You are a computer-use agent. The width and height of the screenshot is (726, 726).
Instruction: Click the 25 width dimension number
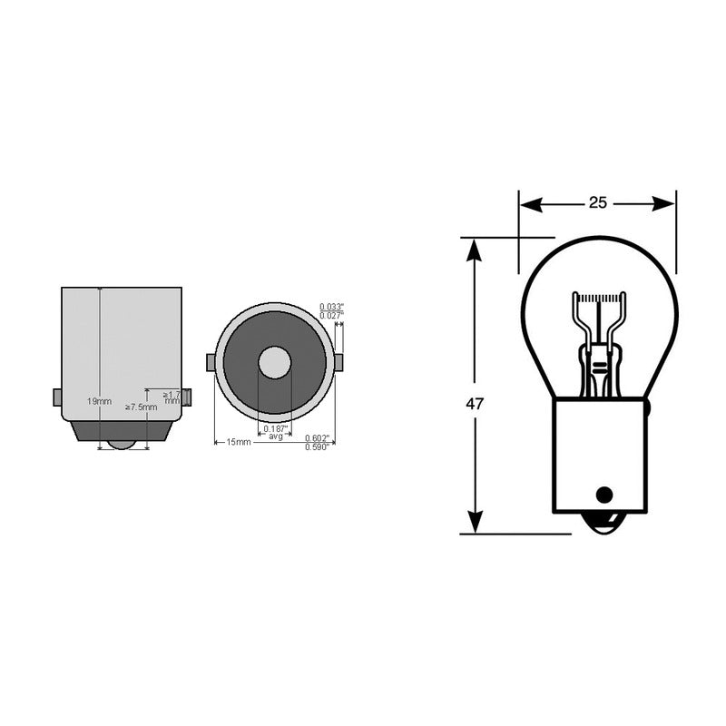[x=597, y=202]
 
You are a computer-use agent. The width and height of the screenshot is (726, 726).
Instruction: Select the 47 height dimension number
[x=474, y=403]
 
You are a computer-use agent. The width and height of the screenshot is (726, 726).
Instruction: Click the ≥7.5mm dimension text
[x=141, y=407]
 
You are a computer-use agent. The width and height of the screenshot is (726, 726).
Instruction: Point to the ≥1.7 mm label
[x=171, y=397]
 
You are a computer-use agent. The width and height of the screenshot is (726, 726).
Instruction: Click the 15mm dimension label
[x=238, y=442]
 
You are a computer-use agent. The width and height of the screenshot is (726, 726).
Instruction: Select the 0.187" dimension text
[x=275, y=428]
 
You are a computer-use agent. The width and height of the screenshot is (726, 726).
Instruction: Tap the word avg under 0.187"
[x=275, y=437]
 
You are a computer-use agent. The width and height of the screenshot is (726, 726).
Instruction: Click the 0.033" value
[x=331, y=307]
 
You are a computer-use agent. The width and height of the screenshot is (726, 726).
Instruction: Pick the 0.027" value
[x=331, y=316]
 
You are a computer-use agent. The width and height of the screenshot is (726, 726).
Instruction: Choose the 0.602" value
[x=317, y=438]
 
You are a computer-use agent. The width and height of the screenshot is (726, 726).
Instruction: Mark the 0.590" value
[x=317, y=447]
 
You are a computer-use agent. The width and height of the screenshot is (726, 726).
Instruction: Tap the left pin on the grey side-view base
[x=57, y=397]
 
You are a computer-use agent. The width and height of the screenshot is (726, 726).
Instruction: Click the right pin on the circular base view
[x=338, y=363]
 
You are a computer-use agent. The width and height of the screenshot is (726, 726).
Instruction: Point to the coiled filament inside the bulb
[x=597, y=299]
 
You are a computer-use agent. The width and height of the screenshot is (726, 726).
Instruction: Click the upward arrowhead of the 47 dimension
[x=474, y=248]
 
